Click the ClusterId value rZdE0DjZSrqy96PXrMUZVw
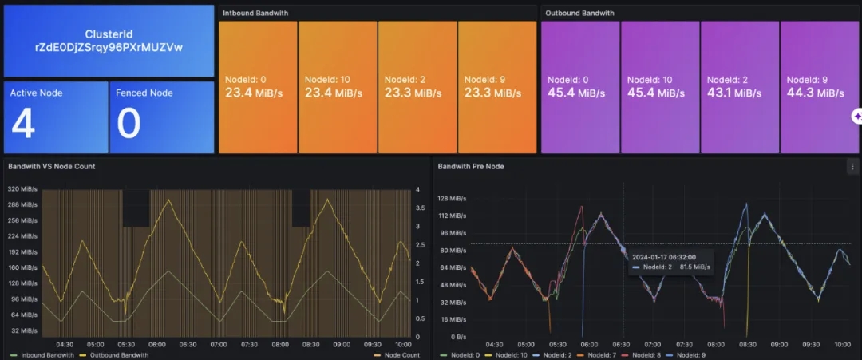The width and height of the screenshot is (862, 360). pos(109,47)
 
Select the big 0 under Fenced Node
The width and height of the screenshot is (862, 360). pos(129,124)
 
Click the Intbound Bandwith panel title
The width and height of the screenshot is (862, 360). pos(255,13)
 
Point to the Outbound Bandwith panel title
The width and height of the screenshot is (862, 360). pos(579,13)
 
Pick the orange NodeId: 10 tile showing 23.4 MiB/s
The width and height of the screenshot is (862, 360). pos(337,87)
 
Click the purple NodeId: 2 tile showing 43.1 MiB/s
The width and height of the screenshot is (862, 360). pos(739,87)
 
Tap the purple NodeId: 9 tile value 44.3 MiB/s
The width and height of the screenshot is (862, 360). pos(815,93)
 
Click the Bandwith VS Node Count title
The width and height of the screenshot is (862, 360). pos(52,166)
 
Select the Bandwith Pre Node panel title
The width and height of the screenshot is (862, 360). pos(471,166)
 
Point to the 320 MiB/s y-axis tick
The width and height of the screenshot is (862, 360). pos(23,189)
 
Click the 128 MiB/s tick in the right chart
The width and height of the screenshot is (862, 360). pos(451,198)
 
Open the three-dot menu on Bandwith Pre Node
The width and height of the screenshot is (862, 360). pos(852,166)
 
